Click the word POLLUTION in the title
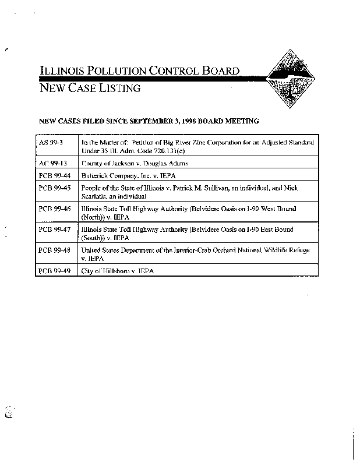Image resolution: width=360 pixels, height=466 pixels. coord(117,72)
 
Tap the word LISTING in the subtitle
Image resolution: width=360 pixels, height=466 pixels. coord(121,89)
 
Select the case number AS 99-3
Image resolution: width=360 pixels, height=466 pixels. coord(50,142)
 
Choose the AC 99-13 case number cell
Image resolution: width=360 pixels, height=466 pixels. coord(51,164)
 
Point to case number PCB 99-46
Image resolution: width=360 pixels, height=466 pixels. coord(53,208)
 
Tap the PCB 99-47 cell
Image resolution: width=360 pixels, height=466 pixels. coord(53,230)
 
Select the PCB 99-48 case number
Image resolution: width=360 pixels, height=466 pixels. coord(53,249)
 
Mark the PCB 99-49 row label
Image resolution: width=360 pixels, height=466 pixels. coord(53,271)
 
